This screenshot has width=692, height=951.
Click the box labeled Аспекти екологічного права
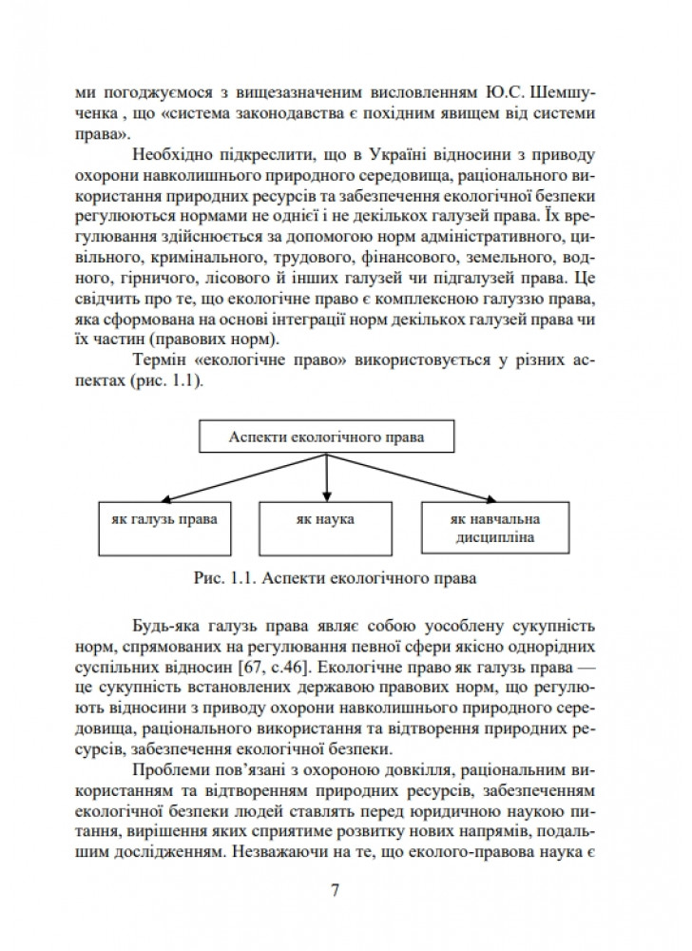[327, 437]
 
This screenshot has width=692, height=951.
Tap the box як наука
[325, 521]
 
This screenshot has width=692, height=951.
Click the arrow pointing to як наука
[326, 476]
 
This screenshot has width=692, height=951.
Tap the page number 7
[335, 890]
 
